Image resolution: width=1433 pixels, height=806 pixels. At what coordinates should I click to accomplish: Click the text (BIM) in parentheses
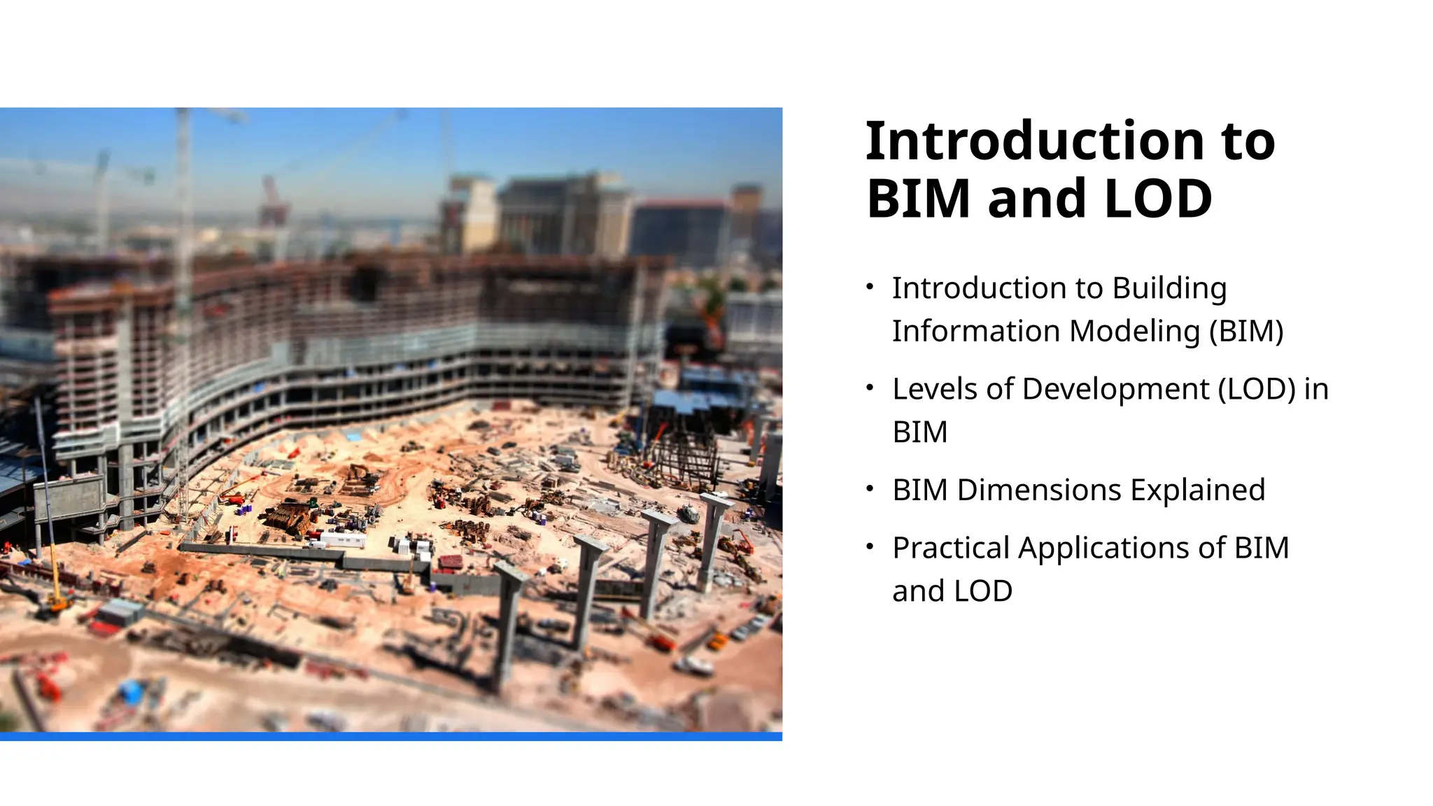[x=1246, y=331]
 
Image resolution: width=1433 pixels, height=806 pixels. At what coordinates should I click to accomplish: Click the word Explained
[x=1197, y=490]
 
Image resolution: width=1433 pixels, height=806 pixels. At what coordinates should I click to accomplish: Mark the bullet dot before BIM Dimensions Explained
[x=870, y=488]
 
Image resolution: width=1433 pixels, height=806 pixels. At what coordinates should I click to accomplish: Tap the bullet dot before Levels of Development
[x=870, y=387]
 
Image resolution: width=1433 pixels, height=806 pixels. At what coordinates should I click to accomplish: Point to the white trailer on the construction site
[x=342, y=539]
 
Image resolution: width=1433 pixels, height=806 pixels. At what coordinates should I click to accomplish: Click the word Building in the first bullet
[x=1169, y=288]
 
